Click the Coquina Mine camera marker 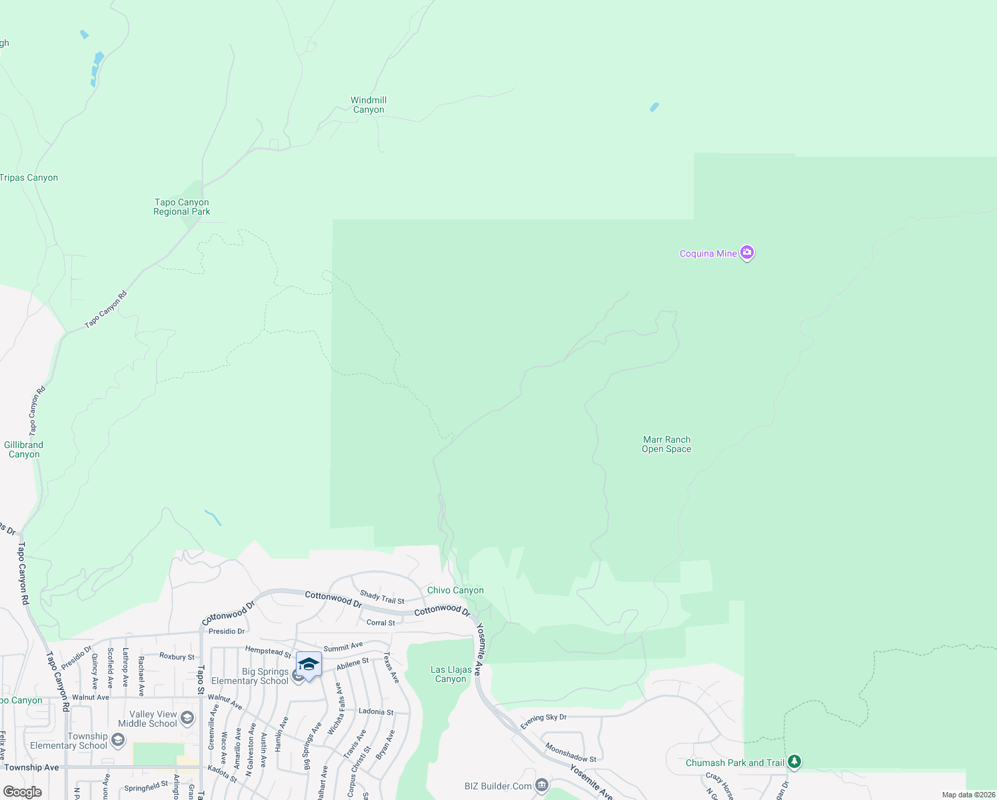click(x=747, y=253)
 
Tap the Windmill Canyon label click(x=369, y=105)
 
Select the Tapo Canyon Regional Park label click(x=181, y=207)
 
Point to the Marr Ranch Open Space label click(x=666, y=444)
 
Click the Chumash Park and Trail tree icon click(x=794, y=762)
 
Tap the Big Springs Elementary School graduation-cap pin click(x=309, y=664)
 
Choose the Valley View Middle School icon click(x=187, y=718)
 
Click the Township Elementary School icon click(x=118, y=740)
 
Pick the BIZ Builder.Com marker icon click(x=542, y=786)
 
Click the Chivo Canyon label click(x=455, y=590)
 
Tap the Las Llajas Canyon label click(x=451, y=674)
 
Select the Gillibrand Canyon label click(x=24, y=449)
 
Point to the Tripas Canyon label click(x=29, y=177)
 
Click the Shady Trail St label click(x=382, y=597)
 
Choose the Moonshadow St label click(x=571, y=753)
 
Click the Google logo click(x=22, y=792)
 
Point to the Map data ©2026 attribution click(x=968, y=795)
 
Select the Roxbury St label click(x=177, y=657)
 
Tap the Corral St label click(x=381, y=623)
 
